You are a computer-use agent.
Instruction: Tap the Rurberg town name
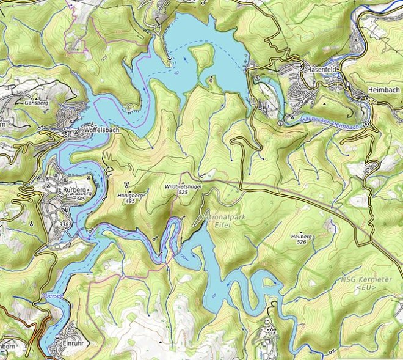pyautogui.click(x=75, y=190)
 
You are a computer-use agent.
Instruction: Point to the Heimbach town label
pyautogui.click(x=383, y=90)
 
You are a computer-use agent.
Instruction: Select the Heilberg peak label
pyautogui.click(x=301, y=236)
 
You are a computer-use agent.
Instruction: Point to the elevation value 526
pyautogui.click(x=301, y=242)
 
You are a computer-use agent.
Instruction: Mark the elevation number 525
pyautogui.click(x=183, y=193)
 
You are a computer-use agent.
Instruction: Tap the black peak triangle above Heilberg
pyautogui.click(x=301, y=230)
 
